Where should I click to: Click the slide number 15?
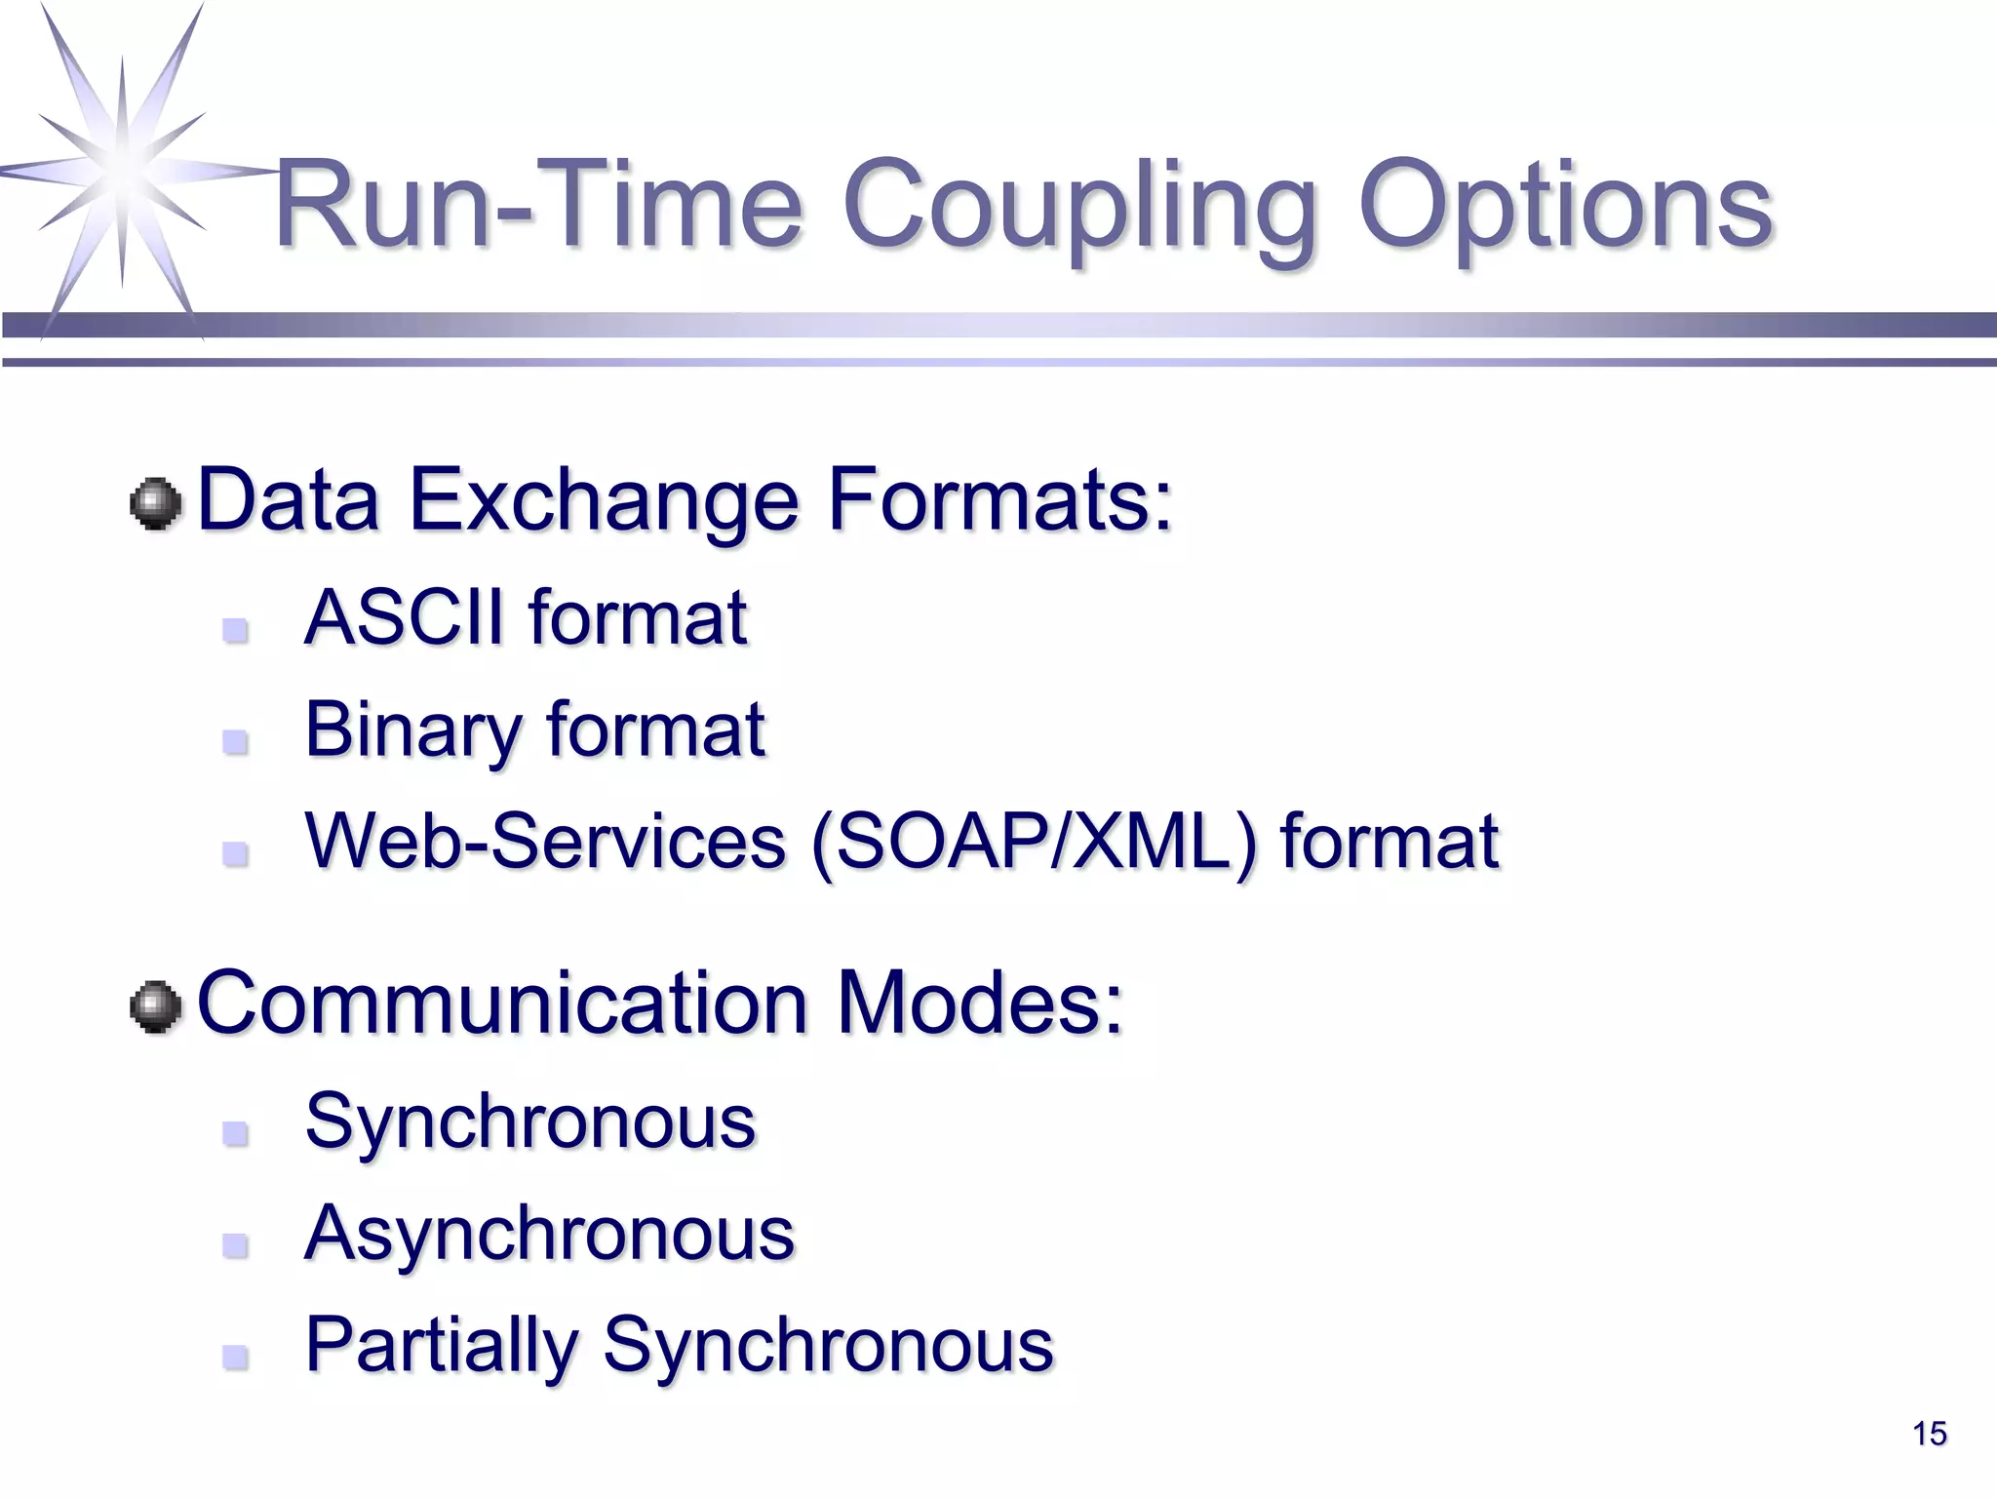click(1929, 1434)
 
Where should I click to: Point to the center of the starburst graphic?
click(123, 170)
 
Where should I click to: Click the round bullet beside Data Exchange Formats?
click(156, 504)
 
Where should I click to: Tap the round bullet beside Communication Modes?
click(156, 1007)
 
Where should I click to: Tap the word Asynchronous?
click(549, 1233)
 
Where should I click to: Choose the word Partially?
click(443, 1346)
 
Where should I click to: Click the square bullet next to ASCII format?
click(235, 630)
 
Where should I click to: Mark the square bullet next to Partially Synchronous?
click(235, 1358)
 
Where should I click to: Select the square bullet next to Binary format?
click(235, 743)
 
